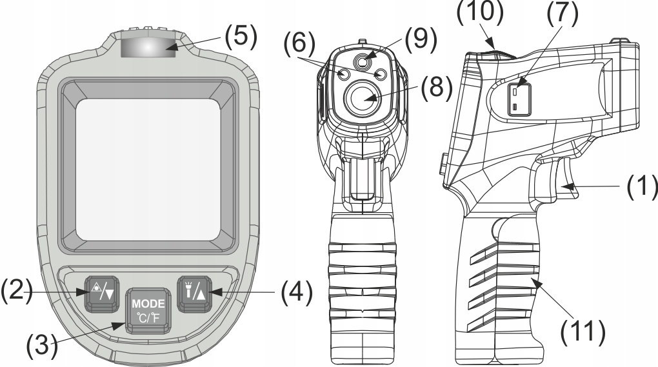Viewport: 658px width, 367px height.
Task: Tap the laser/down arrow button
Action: tap(99, 293)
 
